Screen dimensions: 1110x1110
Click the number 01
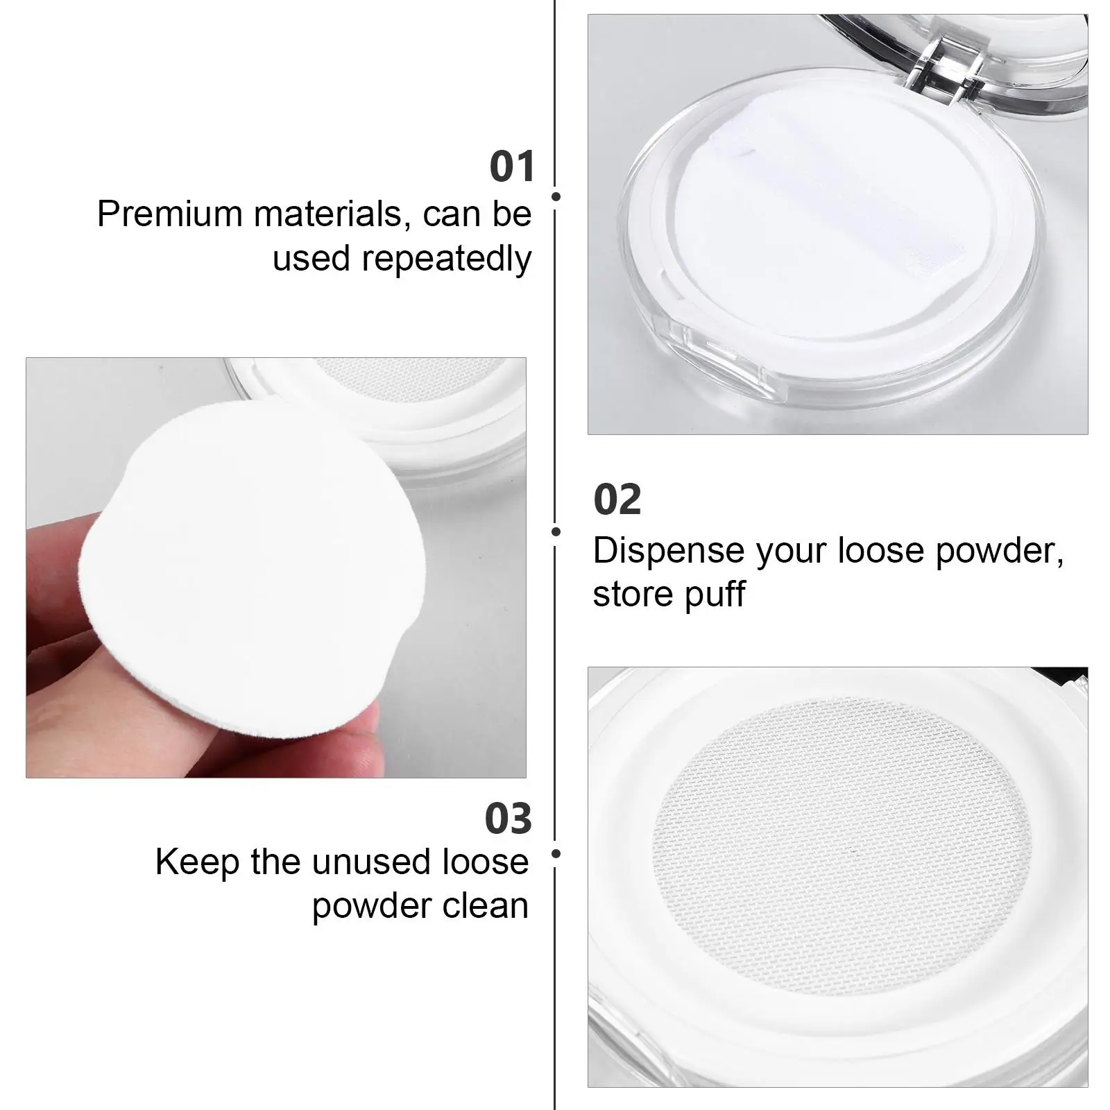pos(512,167)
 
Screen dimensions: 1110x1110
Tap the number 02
pos(617,500)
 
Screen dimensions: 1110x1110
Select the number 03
pos(509,819)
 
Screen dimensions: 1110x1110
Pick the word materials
pos(327,214)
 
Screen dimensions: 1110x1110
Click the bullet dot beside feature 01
pos(556,196)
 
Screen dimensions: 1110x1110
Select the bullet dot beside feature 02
pos(556,531)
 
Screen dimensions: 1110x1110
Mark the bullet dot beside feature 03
pos(556,853)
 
